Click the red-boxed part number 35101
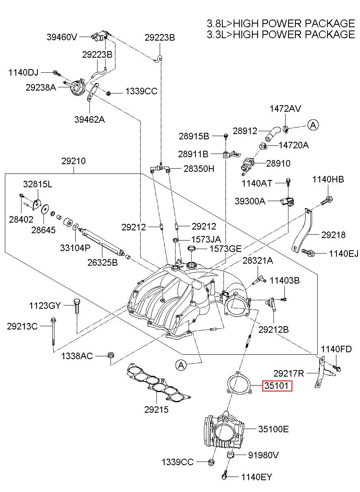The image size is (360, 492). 277,386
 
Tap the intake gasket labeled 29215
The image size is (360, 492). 158,384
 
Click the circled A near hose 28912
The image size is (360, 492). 313,125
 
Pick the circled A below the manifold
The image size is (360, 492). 181,365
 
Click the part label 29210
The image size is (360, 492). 74,161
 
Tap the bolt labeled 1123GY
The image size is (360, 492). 77,306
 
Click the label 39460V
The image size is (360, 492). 62,37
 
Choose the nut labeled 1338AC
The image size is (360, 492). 111,355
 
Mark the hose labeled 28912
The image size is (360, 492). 273,134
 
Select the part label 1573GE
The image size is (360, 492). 226,249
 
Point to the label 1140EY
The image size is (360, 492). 256,483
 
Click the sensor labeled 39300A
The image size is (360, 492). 288,202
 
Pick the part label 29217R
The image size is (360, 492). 288,373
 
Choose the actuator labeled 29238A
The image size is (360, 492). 76,87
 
